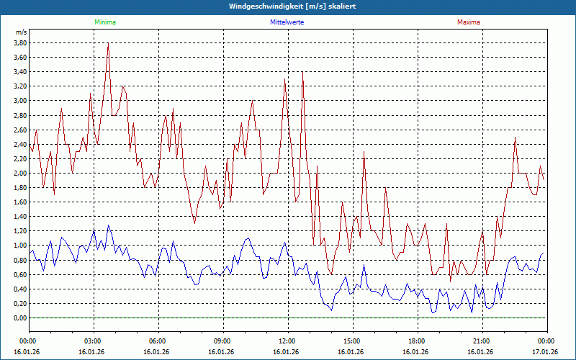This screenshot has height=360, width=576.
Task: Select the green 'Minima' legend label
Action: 104,22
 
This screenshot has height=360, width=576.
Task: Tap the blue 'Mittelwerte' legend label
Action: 287,22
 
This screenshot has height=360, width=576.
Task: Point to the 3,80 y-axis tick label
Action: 20,42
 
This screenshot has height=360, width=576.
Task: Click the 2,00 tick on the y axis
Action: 20,174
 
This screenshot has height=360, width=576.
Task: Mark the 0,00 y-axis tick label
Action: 20,318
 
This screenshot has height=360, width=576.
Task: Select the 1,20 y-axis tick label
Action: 20,231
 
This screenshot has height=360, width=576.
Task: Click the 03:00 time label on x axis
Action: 93,341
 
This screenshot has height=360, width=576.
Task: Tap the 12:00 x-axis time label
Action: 287,341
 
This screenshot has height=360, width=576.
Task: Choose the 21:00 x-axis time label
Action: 482,341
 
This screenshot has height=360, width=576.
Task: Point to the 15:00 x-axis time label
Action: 352,341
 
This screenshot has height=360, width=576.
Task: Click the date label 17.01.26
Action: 545,352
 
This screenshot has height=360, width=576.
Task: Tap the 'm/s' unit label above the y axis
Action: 21,32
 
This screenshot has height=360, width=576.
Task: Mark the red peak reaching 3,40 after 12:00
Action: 302,72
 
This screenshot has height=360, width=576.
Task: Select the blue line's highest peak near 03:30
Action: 109,225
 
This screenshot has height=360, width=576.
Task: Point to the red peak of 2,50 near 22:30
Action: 516,138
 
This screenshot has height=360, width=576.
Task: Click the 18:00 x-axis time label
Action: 417,341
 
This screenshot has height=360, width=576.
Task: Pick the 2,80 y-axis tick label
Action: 20,115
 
